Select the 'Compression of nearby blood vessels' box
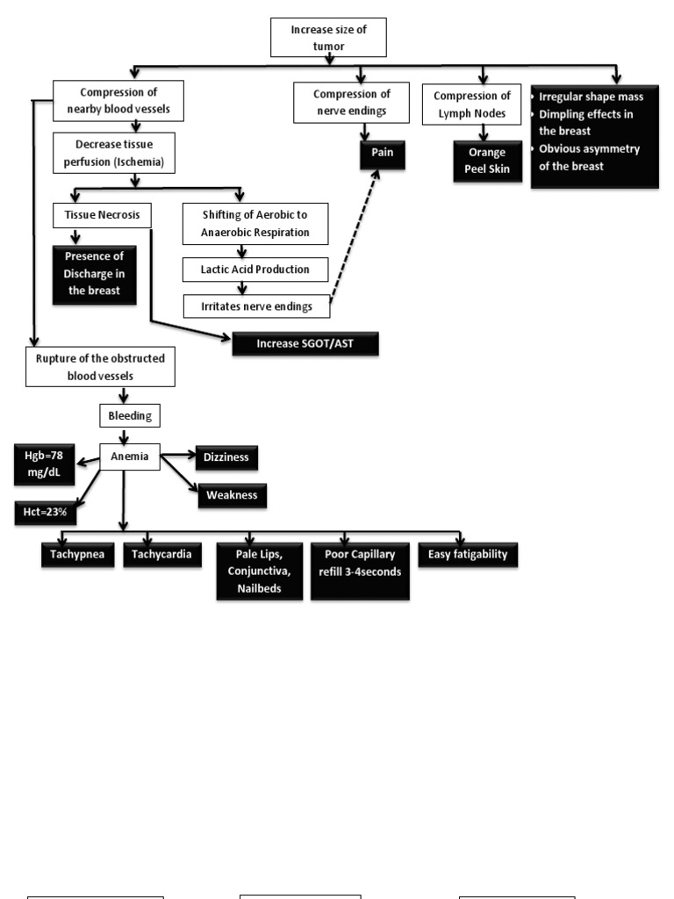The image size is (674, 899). point(118,102)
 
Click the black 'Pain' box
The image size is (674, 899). point(381,153)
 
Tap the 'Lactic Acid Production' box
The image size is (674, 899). point(256,270)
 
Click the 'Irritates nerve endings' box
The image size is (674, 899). point(256,306)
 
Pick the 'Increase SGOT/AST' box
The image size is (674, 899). point(305,344)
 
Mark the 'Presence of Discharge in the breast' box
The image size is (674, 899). point(95,275)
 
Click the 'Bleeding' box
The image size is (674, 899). point(129,414)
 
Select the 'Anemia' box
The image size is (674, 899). point(130,457)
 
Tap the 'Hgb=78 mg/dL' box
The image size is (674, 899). point(45,464)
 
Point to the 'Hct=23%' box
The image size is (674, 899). point(45,514)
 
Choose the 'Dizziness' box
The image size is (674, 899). point(226,457)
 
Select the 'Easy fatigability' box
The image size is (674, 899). point(468,554)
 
